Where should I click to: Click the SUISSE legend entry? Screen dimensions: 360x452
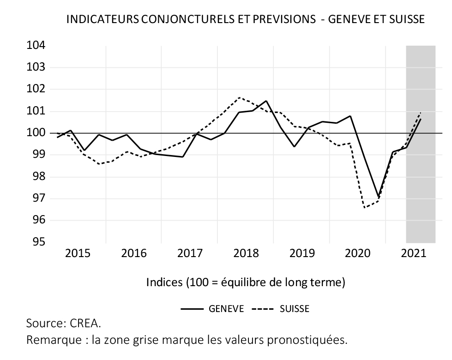294,309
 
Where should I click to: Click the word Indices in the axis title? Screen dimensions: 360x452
164,282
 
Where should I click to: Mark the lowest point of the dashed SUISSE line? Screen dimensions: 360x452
365,208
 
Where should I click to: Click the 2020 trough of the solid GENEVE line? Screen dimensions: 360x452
379,197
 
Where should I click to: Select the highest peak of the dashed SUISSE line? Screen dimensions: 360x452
239,97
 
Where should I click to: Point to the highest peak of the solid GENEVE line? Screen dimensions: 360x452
266,101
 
